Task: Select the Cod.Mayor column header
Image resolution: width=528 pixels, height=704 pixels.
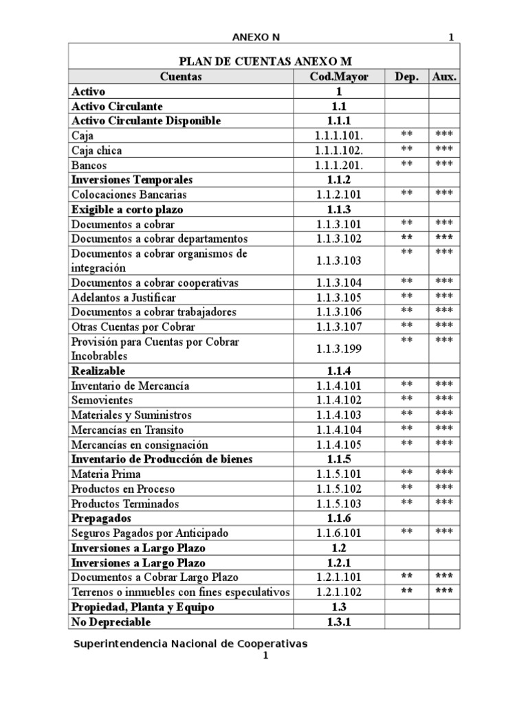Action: click(x=339, y=76)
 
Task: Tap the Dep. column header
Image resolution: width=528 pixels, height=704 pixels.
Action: click(x=406, y=76)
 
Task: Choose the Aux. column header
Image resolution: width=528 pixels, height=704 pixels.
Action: click(x=444, y=76)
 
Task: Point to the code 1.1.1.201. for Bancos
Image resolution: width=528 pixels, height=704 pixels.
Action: click(x=339, y=165)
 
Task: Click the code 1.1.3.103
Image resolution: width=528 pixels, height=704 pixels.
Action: click(x=339, y=261)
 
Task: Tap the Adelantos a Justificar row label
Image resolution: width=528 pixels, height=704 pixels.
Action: click(x=124, y=298)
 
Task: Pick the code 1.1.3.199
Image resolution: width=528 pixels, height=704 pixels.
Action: click(x=339, y=349)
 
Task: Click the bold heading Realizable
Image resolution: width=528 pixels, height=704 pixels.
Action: click(x=98, y=371)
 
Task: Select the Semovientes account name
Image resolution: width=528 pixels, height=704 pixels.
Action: click(x=102, y=400)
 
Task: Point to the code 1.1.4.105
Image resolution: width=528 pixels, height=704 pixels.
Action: click(x=339, y=445)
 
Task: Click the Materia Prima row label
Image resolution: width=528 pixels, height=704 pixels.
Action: click(x=106, y=474)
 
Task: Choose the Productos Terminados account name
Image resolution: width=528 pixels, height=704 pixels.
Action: click(x=125, y=504)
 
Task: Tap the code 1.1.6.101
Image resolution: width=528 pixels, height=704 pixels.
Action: click(x=339, y=533)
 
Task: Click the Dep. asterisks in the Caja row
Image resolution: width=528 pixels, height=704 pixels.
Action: click(x=406, y=134)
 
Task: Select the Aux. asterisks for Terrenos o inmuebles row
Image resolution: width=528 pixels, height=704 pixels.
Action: click(x=444, y=591)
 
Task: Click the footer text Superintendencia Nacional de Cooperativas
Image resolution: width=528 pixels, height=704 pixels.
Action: click(x=190, y=643)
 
